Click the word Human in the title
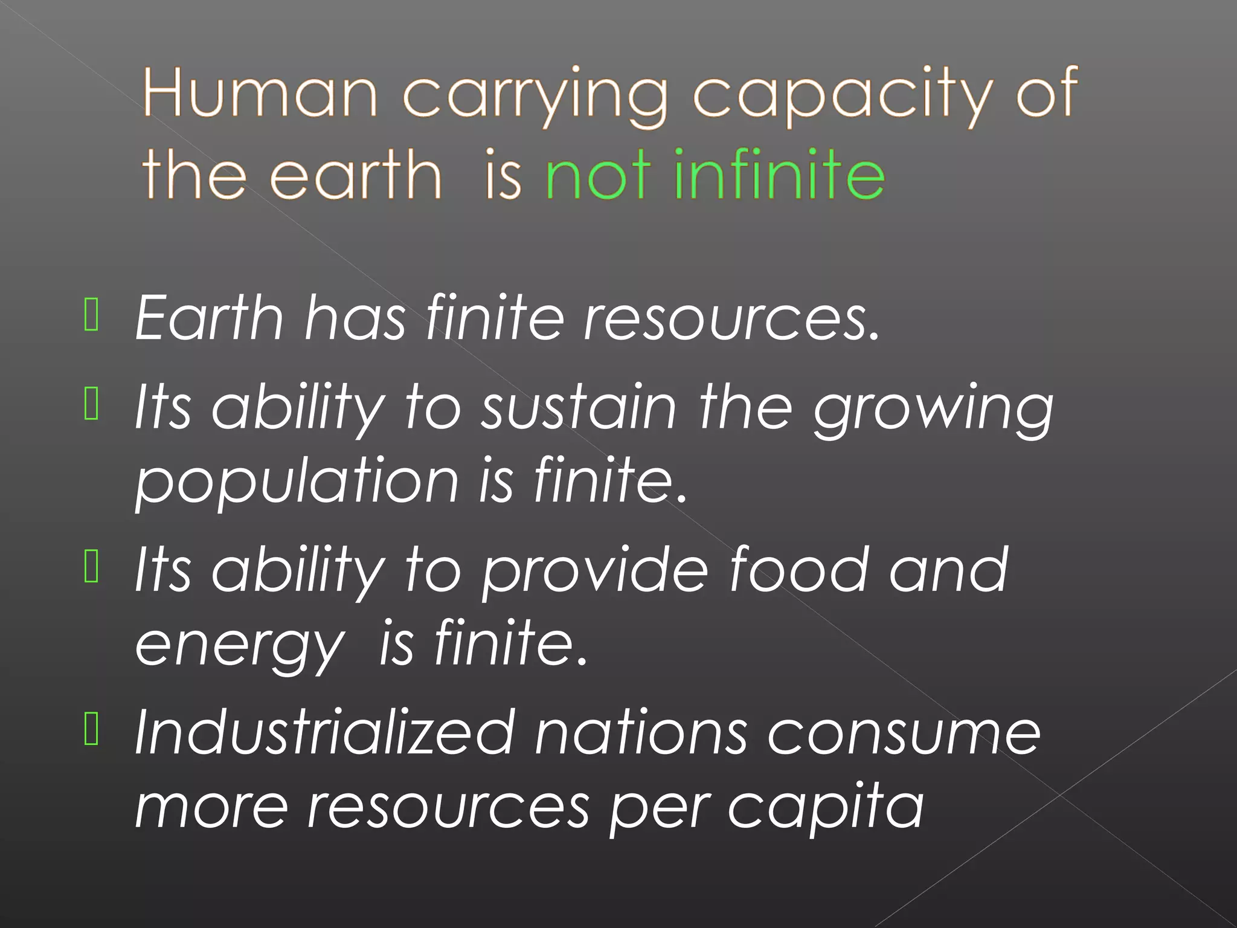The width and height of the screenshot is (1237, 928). tap(260, 94)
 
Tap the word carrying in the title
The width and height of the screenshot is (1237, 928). tap(535, 97)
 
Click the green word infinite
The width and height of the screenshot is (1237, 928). tap(779, 175)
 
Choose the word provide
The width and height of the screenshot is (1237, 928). tap(595, 572)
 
